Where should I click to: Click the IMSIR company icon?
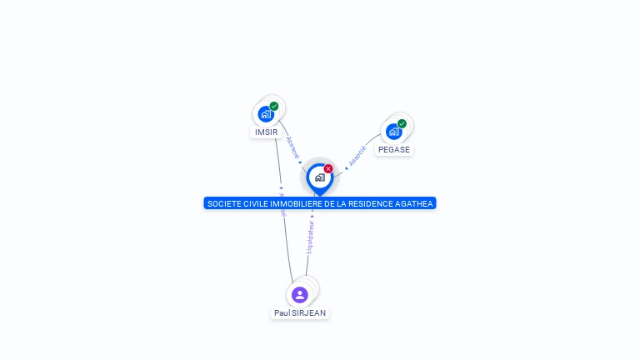point(266,114)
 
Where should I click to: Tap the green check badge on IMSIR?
point(274,106)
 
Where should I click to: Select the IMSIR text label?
point(266,132)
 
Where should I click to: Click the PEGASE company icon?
point(393,132)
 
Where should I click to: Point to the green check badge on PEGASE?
point(402,123)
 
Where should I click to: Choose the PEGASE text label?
point(393,150)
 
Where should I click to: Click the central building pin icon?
point(319,177)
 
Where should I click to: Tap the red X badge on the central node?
point(328,168)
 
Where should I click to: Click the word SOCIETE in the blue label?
point(222,203)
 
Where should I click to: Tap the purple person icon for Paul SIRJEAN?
point(300,294)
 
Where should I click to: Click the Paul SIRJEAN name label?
point(300,313)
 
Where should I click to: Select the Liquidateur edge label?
point(310,237)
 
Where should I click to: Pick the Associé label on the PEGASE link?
point(357,155)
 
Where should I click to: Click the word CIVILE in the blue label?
point(250,203)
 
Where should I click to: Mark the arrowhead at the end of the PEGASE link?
point(346,168)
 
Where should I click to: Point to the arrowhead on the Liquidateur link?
point(312,215)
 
